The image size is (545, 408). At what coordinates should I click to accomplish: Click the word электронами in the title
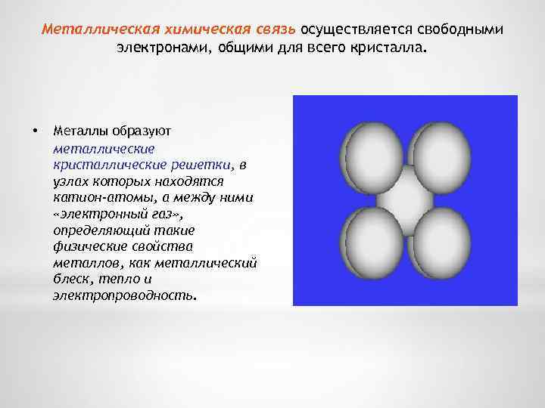pos(157,49)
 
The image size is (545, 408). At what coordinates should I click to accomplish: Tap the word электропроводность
pos(123,296)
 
